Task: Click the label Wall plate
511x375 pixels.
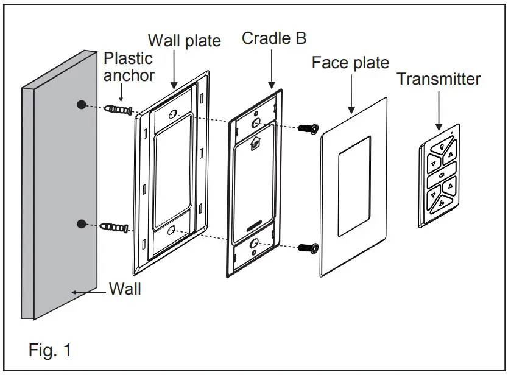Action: [x=185, y=41]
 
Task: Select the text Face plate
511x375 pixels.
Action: [x=350, y=63]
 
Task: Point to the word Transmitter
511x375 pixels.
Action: [x=438, y=79]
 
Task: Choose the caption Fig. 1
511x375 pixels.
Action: [x=50, y=350]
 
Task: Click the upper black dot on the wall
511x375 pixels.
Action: [x=81, y=105]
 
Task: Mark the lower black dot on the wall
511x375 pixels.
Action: [x=81, y=224]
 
